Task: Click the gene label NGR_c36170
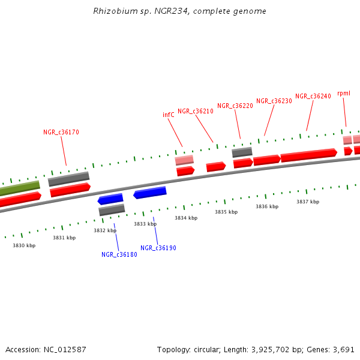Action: pyautogui.click(x=61, y=132)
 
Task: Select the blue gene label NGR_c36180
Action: pyautogui.click(x=119, y=254)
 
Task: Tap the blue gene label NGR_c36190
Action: pyautogui.click(x=158, y=248)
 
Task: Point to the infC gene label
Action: pyautogui.click(x=169, y=115)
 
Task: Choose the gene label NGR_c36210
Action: pyautogui.click(x=196, y=111)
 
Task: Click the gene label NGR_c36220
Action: pyautogui.click(x=235, y=106)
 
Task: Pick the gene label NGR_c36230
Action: pyautogui.click(x=274, y=101)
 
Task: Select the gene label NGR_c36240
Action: pyautogui.click(x=313, y=96)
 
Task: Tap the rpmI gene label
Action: pyautogui.click(x=344, y=93)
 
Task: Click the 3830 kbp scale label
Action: pyautogui.click(x=24, y=245)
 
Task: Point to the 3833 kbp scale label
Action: pyautogui.click(x=145, y=224)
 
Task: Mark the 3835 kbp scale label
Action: pyautogui.click(x=226, y=212)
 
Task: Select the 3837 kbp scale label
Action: pyautogui.click(x=307, y=202)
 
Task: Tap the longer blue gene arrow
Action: pyautogui.click(x=149, y=193)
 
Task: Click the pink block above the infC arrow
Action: pyautogui.click(x=184, y=160)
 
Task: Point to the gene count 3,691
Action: pyautogui.click(x=344, y=349)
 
